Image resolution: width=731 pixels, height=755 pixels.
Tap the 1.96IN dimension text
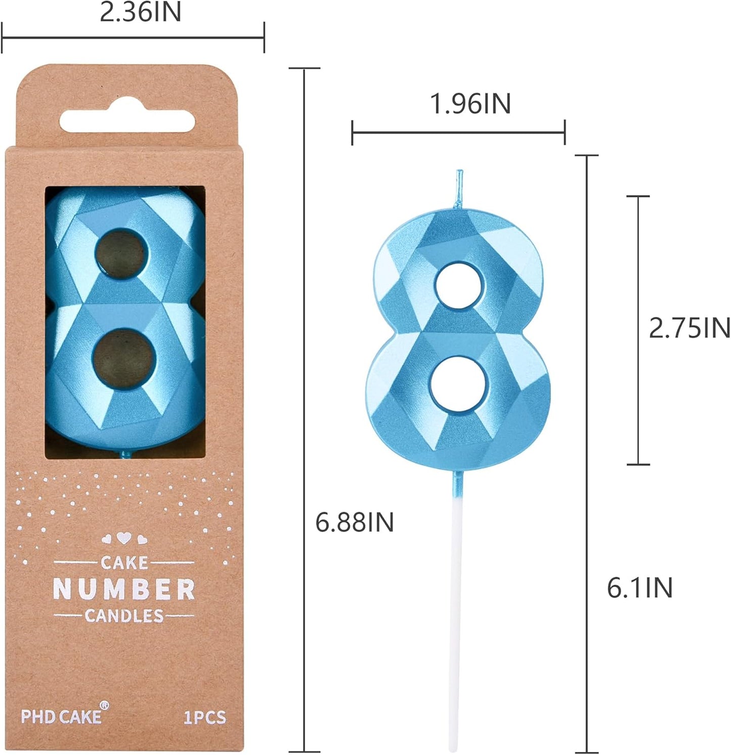click(470, 104)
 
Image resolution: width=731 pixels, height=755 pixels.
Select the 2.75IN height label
click(689, 328)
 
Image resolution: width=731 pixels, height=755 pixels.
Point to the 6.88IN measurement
click(354, 522)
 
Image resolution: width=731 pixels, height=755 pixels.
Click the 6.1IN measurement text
click(639, 588)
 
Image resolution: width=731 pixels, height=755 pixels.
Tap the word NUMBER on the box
click(124, 590)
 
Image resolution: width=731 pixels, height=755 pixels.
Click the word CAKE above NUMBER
click(124, 562)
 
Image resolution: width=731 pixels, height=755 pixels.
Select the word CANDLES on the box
click(124, 616)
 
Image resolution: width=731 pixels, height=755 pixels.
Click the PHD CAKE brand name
click(61, 717)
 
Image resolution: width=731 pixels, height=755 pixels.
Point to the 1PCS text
click(204, 718)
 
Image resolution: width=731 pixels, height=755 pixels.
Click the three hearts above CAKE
click(124, 539)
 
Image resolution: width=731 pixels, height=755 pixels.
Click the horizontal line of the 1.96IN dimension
click(458, 132)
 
